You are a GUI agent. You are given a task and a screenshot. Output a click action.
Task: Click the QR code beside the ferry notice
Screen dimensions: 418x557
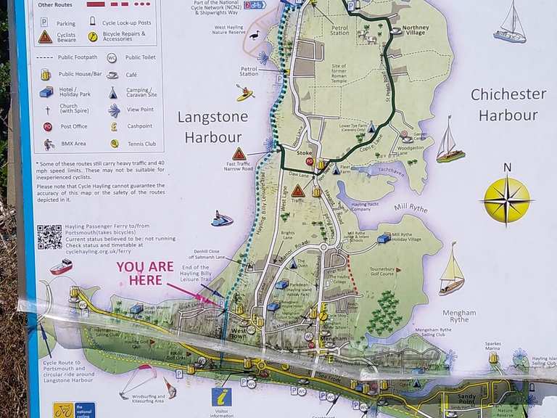coord(49,237)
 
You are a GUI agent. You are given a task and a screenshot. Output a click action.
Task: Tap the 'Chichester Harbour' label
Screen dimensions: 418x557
coord(508,104)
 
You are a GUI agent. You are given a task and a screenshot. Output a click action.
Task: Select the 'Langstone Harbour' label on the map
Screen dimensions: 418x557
coord(213,126)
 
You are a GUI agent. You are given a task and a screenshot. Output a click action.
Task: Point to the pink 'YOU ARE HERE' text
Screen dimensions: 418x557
coord(145,273)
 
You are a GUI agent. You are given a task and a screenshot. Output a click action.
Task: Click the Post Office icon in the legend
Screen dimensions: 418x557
coord(47,126)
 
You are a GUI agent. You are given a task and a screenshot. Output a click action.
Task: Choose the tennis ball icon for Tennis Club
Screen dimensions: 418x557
coord(113,144)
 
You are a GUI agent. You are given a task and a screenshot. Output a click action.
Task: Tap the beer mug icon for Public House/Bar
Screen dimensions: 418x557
coord(46,74)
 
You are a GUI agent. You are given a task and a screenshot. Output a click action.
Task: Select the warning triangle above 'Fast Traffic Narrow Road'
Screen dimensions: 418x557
coord(239,154)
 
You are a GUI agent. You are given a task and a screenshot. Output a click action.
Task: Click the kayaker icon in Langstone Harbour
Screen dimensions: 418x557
coord(244,93)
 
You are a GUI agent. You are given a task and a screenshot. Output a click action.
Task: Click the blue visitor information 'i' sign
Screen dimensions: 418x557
coord(221,397)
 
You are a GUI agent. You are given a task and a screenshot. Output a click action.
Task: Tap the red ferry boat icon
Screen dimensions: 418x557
coord(61,267)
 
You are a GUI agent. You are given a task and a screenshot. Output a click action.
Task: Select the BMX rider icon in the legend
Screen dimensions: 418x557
coord(46,144)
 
